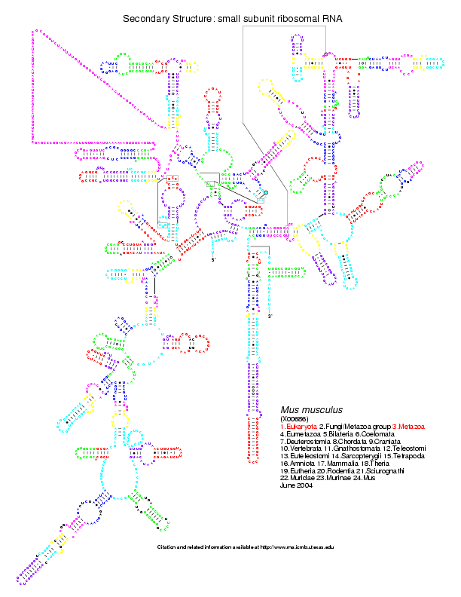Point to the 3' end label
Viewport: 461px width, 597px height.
coord(270,316)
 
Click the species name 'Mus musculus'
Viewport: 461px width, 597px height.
coord(311,409)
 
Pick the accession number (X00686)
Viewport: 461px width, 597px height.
coord(295,418)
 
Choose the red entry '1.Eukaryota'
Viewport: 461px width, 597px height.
coord(298,427)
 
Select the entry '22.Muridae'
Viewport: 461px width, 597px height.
coord(295,478)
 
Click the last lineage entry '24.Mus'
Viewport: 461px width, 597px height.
coord(353,478)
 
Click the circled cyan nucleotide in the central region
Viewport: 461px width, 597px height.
coord(265,194)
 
